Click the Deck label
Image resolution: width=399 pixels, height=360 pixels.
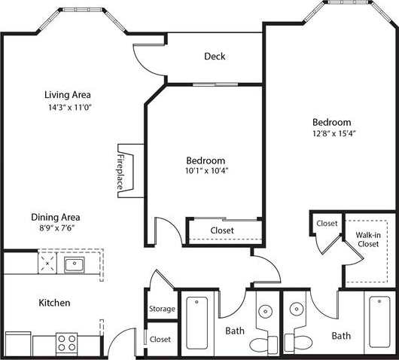[215, 56]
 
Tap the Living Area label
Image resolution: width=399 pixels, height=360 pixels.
[68, 95]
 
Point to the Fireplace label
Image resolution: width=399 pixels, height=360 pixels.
[120, 172]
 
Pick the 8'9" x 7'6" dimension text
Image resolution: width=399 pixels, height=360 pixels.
[56, 227]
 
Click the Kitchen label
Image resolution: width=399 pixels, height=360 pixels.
[54, 303]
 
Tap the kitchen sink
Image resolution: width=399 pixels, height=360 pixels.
[74, 264]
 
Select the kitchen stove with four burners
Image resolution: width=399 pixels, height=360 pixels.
[67, 343]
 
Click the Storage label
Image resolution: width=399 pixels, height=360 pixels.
[162, 309]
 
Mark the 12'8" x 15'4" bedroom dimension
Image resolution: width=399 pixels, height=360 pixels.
[332, 133]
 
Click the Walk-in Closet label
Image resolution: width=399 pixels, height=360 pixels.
[367, 239]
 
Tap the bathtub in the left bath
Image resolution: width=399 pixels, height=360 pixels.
[197, 320]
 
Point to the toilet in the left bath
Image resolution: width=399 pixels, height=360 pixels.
[263, 344]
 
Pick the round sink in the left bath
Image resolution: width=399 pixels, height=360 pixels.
[266, 311]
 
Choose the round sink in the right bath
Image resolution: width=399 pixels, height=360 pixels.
[296, 311]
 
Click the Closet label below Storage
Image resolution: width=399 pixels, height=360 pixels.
[160, 340]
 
